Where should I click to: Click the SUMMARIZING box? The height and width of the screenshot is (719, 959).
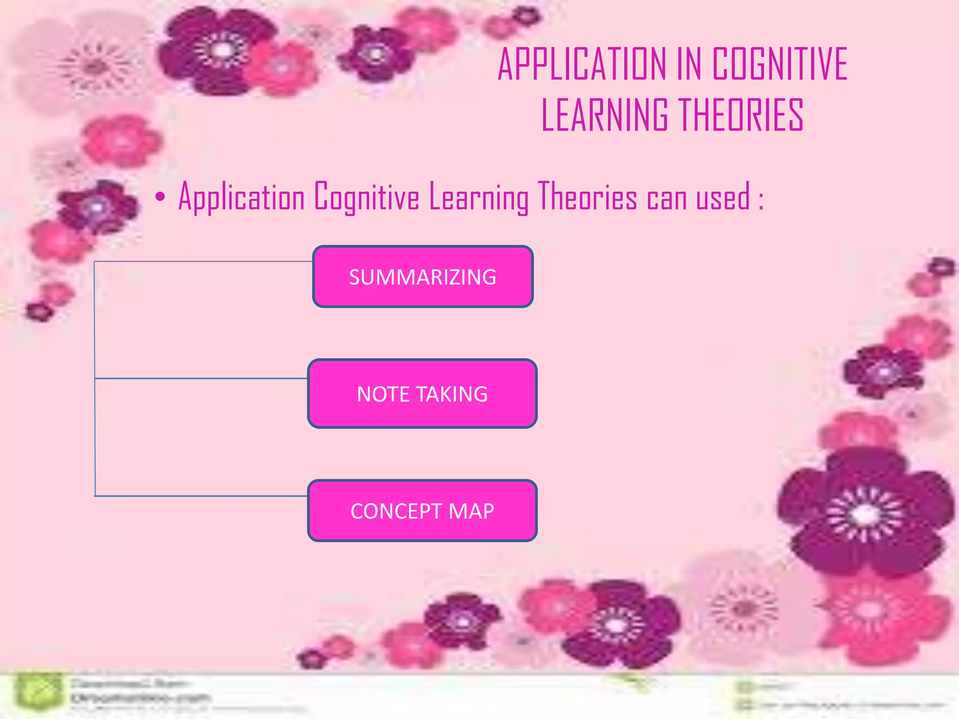pos(422,277)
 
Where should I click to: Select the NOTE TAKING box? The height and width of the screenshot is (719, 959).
pos(422,394)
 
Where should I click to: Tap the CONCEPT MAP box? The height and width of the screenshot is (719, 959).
pos(422,511)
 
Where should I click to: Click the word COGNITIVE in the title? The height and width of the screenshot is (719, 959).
pos(780,64)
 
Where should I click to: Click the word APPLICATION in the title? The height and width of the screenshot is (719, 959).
pos(582,64)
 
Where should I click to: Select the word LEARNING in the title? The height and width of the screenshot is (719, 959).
pos(605,115)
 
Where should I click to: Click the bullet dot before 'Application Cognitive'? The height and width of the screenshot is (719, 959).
pos(160,198)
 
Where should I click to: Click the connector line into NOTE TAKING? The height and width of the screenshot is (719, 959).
pos(201,378)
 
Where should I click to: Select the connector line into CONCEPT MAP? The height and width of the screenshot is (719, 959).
pos(201,496)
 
